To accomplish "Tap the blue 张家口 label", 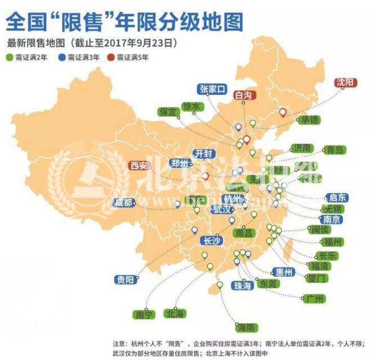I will pyautogui.click(x=212, y=88).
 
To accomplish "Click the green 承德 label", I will pyautogui.click(x=309, y=119).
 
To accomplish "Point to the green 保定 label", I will pyautogui.click(x=168, y=111).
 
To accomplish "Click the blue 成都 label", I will pyautogui.click(x=124, y=203).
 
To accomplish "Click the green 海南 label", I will pyautogui.click(x=246, y=327).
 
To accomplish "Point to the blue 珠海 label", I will pyautogui.click(x=243, y=286).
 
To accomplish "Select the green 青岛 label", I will pyautogui.click(x=334, y=150).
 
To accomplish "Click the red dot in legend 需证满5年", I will pyautogui.click(x=111, y=57).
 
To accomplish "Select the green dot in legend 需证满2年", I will pyautogui.click(x=10, y=57).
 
